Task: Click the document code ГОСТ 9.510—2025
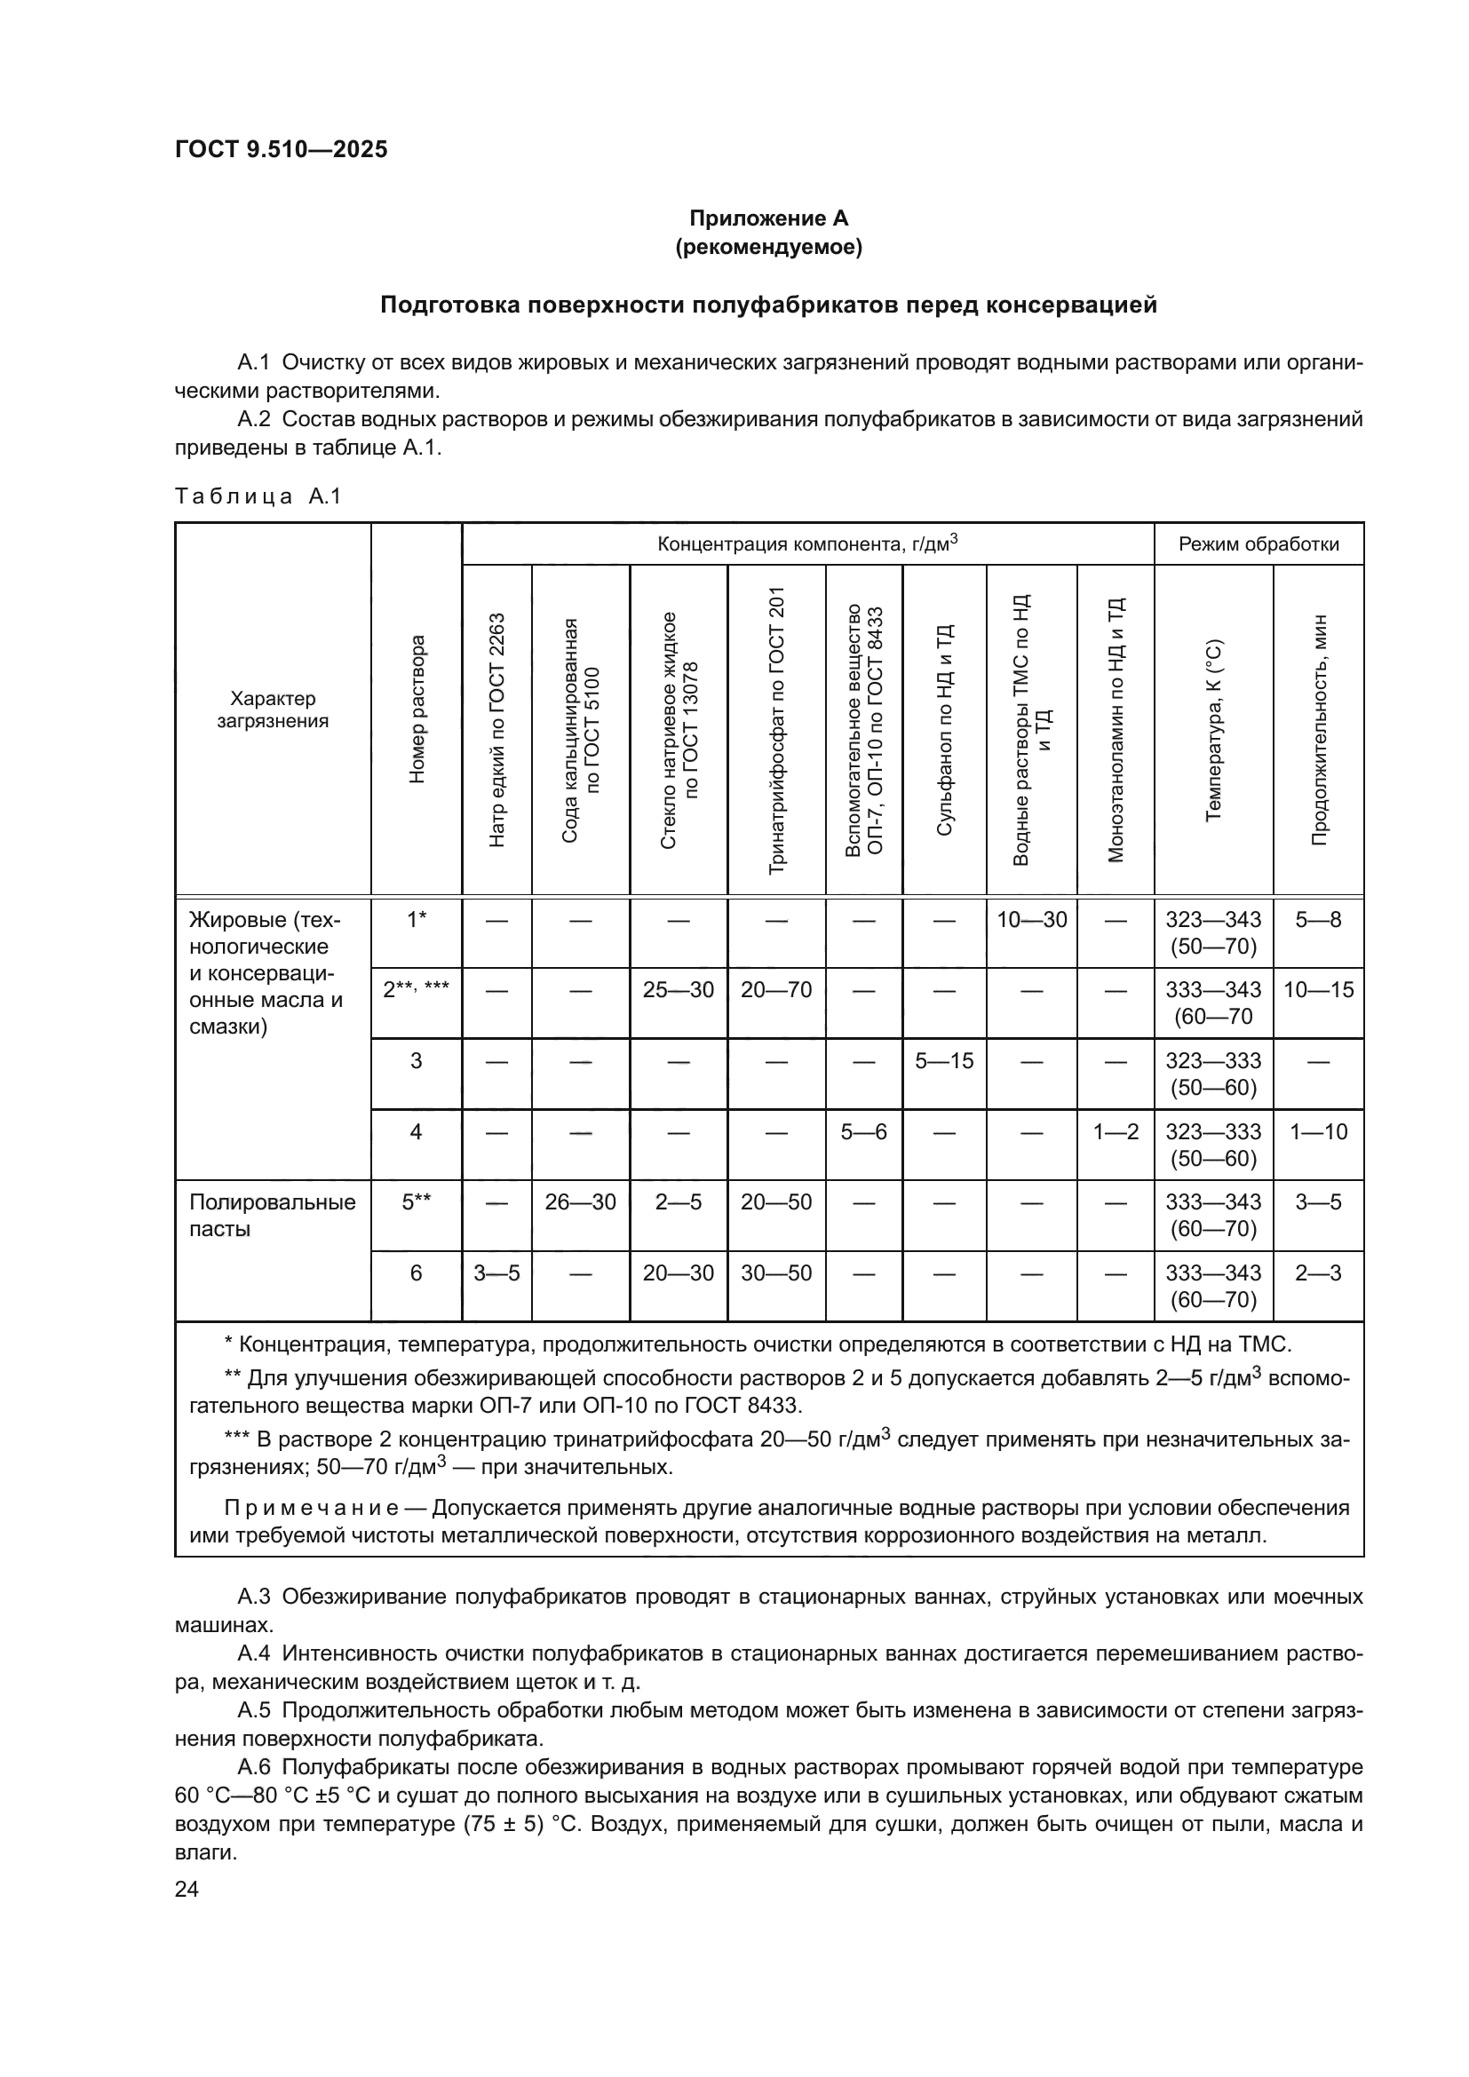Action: tap(282, 149)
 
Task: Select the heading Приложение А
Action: tap(768, 218)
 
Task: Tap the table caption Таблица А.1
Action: tap(258, 495)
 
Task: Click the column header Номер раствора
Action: tap(416, 709)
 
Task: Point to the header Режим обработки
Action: tap(1258, 543)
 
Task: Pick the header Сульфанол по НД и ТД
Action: tap(943, 730)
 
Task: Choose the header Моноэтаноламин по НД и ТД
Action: tap(1115, 730)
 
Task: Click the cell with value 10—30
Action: tap(1031, 920)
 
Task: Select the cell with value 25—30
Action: tap(678, 989)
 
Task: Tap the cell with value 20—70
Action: tap(776, 989)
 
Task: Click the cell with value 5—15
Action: tap(943, 1060)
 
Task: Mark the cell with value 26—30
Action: tap(580, 1202)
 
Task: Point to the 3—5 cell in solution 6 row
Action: tap(496, 1272)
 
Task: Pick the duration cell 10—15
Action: tap(1318, 989)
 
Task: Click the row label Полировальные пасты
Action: tap(272, 1215)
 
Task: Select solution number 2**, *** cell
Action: tap(416, 989)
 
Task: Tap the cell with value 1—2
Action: tap(1115, 1131)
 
